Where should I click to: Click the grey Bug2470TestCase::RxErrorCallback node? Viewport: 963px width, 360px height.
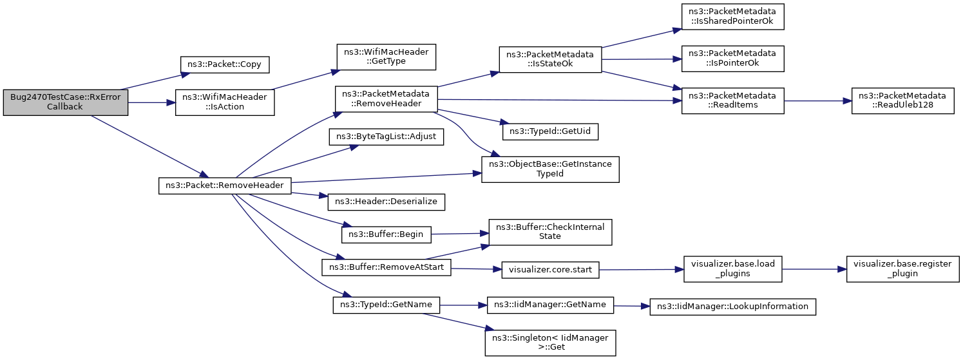(x=65, y=102)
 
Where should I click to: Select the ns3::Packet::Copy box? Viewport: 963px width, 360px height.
(x=224, y=64)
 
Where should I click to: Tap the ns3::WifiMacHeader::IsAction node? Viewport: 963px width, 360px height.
(x=225, y=102)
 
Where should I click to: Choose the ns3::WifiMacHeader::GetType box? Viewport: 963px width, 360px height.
(x=386, y=57)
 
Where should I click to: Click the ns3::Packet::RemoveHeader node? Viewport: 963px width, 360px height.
(x=225, y=185)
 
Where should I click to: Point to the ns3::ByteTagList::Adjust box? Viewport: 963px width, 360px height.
(x=386, y=137)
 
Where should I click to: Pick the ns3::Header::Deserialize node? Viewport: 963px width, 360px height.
(x=386, y=202)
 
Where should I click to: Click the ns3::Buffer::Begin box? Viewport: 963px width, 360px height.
(x=386, y=234)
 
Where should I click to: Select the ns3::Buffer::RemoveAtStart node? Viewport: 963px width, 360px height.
(x=386, y=267)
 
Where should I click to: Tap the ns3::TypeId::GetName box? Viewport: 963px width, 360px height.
(x=386, y=305)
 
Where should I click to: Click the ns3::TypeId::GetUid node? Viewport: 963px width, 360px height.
(x=550, y=131)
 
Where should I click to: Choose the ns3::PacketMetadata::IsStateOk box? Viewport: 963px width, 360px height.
(x=550, y=59)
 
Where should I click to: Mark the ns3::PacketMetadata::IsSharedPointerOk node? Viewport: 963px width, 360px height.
(x=732, y=17)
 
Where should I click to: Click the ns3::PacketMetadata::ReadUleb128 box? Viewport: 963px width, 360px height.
(x=903, y=101)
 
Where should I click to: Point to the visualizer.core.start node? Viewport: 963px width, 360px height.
(x=550, y=270)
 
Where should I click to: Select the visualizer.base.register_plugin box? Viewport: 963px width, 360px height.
(x=903, y=269)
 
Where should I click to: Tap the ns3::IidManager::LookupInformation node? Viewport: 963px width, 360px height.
(x=732, y=307)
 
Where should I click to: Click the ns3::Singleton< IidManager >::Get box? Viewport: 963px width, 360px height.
(x=550, y=343)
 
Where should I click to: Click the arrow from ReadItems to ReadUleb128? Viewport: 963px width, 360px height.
(x=817, y=101)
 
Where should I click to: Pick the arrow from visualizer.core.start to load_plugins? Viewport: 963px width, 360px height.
(x=642, y=270)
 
